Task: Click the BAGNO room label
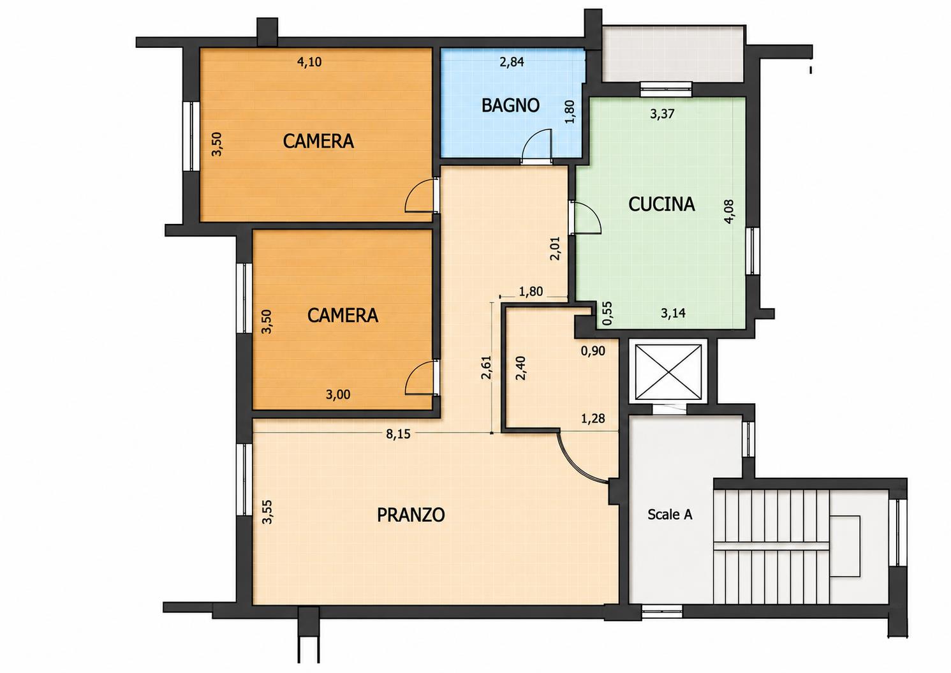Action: click(x=510, y=105)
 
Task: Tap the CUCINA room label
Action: click(x=661, y=204)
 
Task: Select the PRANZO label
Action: click(x=411, y=515)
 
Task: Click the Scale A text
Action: click(x=670, y=515)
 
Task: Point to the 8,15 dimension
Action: click(x=398, y=434)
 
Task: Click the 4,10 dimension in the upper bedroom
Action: click(x=309, y=62)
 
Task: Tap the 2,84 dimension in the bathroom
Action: click(x=512, y=62)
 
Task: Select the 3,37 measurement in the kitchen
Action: click(x=662, y=114)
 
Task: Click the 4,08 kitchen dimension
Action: click(x=728, y=211)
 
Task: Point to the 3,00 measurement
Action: click(x=338, y=395)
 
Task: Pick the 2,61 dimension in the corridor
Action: click(x=486, y=367)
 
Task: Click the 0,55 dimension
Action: click(x=608, y=313)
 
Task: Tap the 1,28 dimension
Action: click(x=593, y=418)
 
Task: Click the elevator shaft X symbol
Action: click(x=668, y=372)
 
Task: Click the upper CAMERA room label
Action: click(x=318, y=141)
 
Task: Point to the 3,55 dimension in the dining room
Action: click(x=267, y=512)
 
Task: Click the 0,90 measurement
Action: click(x=593, y=351)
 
